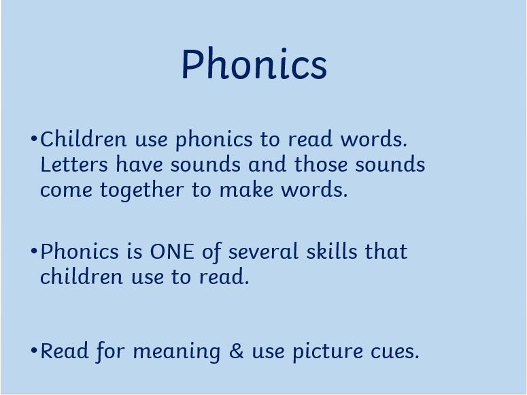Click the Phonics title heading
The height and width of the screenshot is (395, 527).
pos(254,63)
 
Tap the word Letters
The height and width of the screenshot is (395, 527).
pos(74,164)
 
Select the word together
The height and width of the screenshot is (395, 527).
pos(142,191)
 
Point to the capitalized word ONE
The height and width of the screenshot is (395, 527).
pos(172,251)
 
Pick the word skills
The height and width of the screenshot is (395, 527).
pos(332,251)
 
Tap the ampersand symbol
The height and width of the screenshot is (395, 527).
pos(236,351)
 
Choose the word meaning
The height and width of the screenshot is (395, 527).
pos(177,352)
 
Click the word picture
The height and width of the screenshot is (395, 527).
pos(328,352)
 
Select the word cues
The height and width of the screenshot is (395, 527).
pos(395,351)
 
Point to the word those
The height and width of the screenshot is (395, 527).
pos(321,164)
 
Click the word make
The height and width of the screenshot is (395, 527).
pos(246,189)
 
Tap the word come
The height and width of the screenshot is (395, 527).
pos(66,190)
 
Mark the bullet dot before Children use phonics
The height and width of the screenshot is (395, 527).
pos(33,138)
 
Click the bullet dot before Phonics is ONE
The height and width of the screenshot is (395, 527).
pos(33,251)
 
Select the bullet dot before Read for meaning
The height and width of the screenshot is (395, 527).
pos(33,351)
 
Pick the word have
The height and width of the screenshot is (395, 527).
pos(139,164)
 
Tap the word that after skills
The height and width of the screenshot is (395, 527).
pos(386,251)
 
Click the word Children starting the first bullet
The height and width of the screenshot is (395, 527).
pos(84,138)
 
